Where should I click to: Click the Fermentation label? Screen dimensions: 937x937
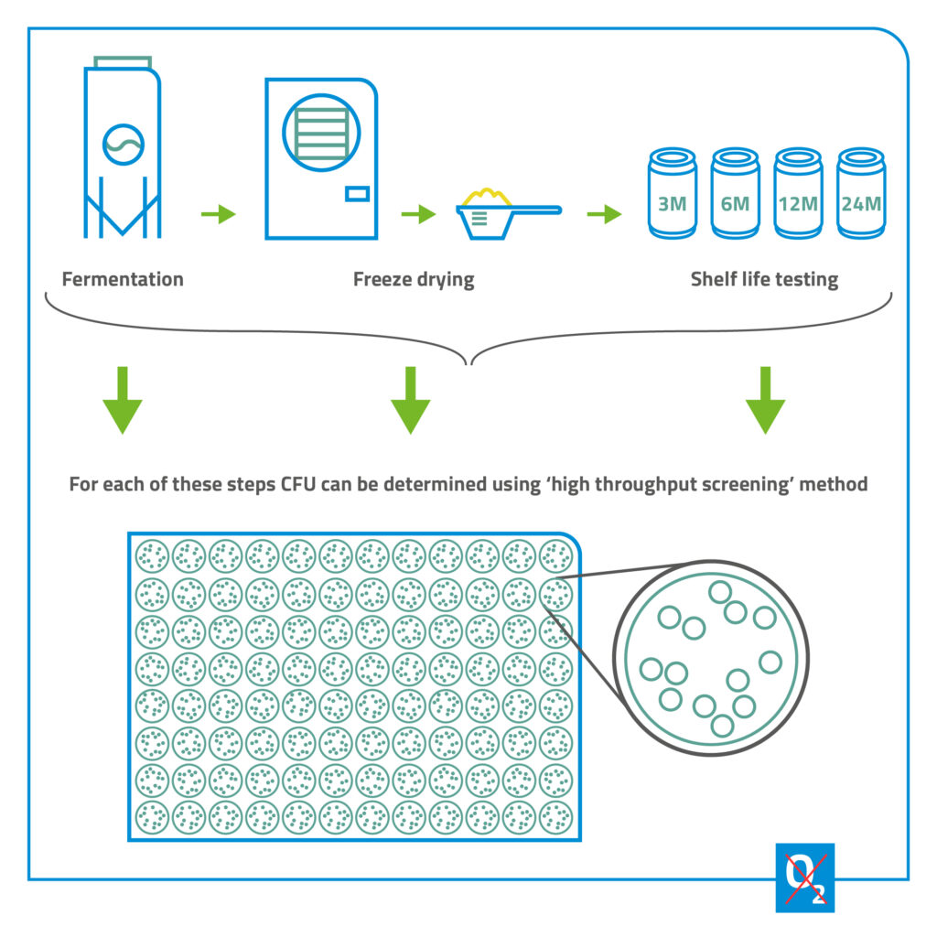[123, 279]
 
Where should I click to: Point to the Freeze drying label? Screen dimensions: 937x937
[414, 279]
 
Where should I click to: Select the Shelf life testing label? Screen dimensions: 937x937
[764, 279]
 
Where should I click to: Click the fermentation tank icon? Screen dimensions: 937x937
[123, 151]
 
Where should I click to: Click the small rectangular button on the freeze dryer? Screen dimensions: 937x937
[356, 193]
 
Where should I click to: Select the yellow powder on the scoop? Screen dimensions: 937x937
[485, 196]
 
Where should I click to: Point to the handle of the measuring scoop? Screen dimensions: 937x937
[535, 211]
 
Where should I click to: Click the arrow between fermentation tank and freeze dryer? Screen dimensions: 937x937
[218, 214]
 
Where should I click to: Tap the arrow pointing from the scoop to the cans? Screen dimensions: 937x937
[604, 214]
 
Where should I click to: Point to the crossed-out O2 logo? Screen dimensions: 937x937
[804, 878]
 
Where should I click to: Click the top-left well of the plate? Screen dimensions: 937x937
[151, 555]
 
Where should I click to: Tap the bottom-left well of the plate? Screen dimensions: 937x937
[151, 815]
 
